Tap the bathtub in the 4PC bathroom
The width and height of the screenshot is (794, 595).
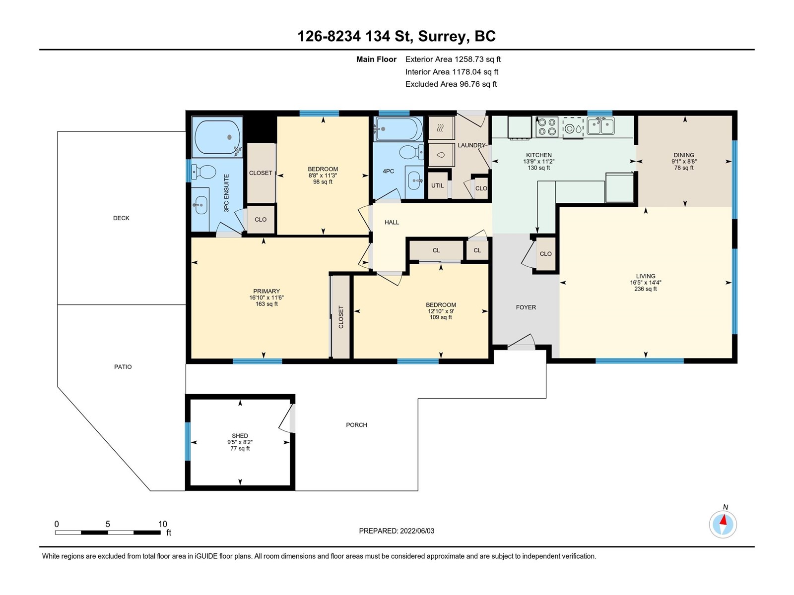(x=398, y=129)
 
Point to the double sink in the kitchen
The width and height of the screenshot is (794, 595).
(x=600, y=126)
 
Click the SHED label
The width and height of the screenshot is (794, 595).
(x=240, y=436)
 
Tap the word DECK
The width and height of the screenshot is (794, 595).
(x=121, y=218)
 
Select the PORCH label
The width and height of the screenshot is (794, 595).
(x=356, y=425)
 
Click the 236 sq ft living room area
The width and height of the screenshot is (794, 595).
(x=645, y=289)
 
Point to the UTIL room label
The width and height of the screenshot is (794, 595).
(x=437, y=185)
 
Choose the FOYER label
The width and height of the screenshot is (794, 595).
(x=526, y=307)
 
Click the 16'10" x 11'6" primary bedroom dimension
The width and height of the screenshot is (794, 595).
(x=266, y=297)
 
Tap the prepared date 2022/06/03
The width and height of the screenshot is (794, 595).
(x=417, y=531)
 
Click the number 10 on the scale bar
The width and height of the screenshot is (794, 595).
(x=162, y=524)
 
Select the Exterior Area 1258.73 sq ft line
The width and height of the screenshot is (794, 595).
(x=453, y=59)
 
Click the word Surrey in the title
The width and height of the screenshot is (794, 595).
(x=441, y=37)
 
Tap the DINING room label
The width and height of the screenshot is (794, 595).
(x=684, y=155)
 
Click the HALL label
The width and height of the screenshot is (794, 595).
(x=392, y=223)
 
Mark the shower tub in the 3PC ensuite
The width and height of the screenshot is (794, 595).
(x=217, y=137)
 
